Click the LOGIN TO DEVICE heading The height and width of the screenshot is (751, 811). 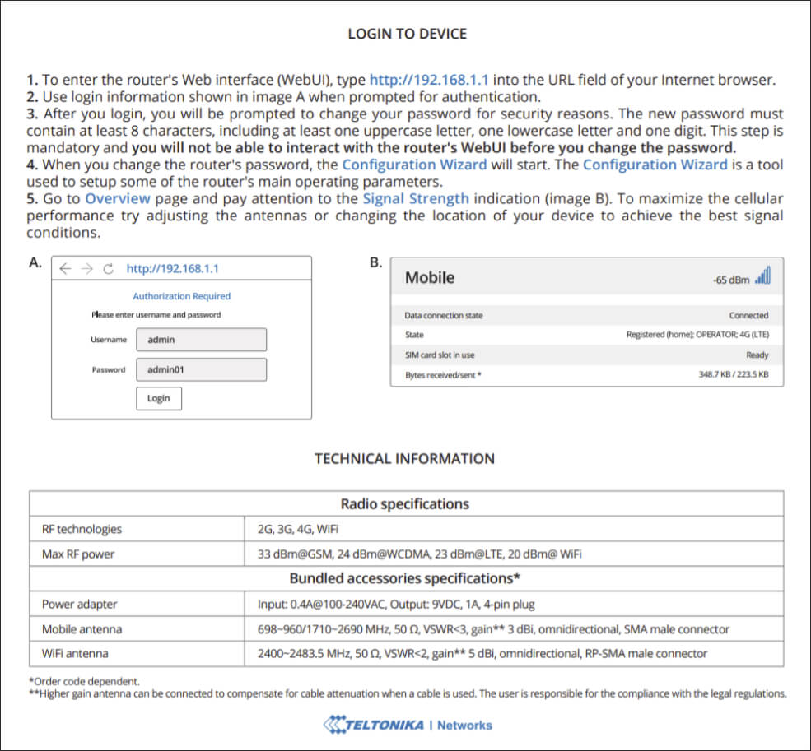pos(407,34)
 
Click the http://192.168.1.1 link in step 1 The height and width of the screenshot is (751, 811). pos(429,80)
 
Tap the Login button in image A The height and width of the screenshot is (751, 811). pos(159,398)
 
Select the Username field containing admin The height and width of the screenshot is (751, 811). pos(201,340)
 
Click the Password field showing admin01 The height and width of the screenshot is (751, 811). pos(201,369)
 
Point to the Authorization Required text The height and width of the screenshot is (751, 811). pos(181,296)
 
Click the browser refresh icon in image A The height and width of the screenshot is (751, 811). pos(108,269)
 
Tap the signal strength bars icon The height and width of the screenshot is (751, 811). pos(762,276)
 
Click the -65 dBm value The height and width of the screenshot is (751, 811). pos(731,280)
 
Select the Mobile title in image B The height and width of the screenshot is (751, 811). pos(430,278)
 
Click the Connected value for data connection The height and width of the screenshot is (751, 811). pos(748,315)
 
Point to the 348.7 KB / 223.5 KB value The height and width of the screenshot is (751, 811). pos(733,375)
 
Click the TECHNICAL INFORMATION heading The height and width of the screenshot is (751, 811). pos(404,459)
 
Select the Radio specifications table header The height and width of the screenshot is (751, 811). pos(405,504)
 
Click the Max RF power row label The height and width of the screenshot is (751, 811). pos(78,554)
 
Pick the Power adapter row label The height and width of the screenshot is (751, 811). pos(80,605)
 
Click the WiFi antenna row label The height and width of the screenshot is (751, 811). pos(75,654)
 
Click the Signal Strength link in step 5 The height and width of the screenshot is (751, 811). pos(415,198)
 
